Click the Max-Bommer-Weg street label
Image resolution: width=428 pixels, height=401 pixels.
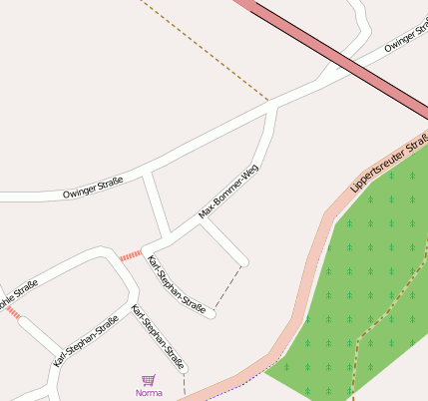pos(228,191)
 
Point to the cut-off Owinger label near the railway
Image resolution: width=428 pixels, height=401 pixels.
pos(406,35)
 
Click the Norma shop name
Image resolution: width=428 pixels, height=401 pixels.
pos(148,392)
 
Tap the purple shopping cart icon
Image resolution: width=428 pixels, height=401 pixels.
pos(149,379)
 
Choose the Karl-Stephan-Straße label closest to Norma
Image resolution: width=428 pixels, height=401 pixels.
pos(159,338)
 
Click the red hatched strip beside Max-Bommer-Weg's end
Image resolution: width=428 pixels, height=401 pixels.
pos(130,256)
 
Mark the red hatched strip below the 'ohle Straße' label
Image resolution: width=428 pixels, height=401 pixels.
pos(13,313)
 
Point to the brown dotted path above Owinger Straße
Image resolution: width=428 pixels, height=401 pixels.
pos(205,50)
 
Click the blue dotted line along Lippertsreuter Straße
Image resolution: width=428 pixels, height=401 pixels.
pos(239,384)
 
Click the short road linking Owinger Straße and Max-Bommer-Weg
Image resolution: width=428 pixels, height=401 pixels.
pos(157,204)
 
